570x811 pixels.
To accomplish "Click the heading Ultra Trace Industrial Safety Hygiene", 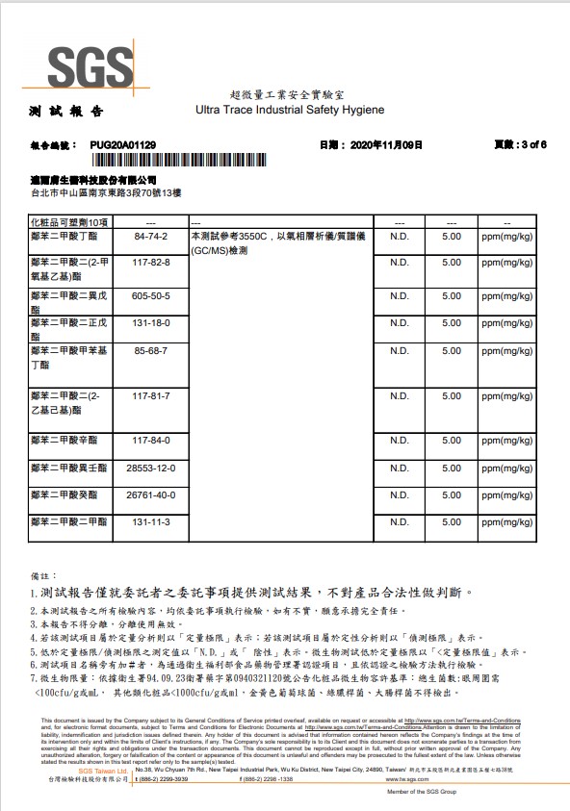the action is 290,111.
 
